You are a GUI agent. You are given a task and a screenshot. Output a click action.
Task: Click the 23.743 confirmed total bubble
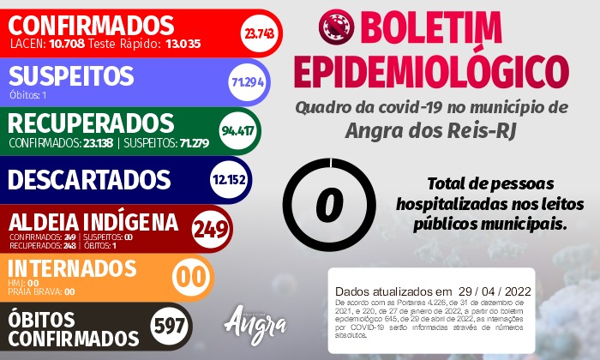(x=258, y=33)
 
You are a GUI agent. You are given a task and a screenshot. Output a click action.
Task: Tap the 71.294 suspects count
(x=246, y=81)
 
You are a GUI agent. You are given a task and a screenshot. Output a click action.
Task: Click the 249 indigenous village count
(x=211, y=229)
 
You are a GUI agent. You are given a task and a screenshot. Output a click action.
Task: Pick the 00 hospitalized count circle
(x=190, y=279)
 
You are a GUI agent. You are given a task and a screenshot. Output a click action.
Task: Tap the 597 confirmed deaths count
(x=169, y=327)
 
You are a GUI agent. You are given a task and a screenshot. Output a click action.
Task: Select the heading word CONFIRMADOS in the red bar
(x=92, y=24)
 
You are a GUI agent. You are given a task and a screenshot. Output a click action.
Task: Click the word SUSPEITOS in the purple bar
(x=71, y=75)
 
